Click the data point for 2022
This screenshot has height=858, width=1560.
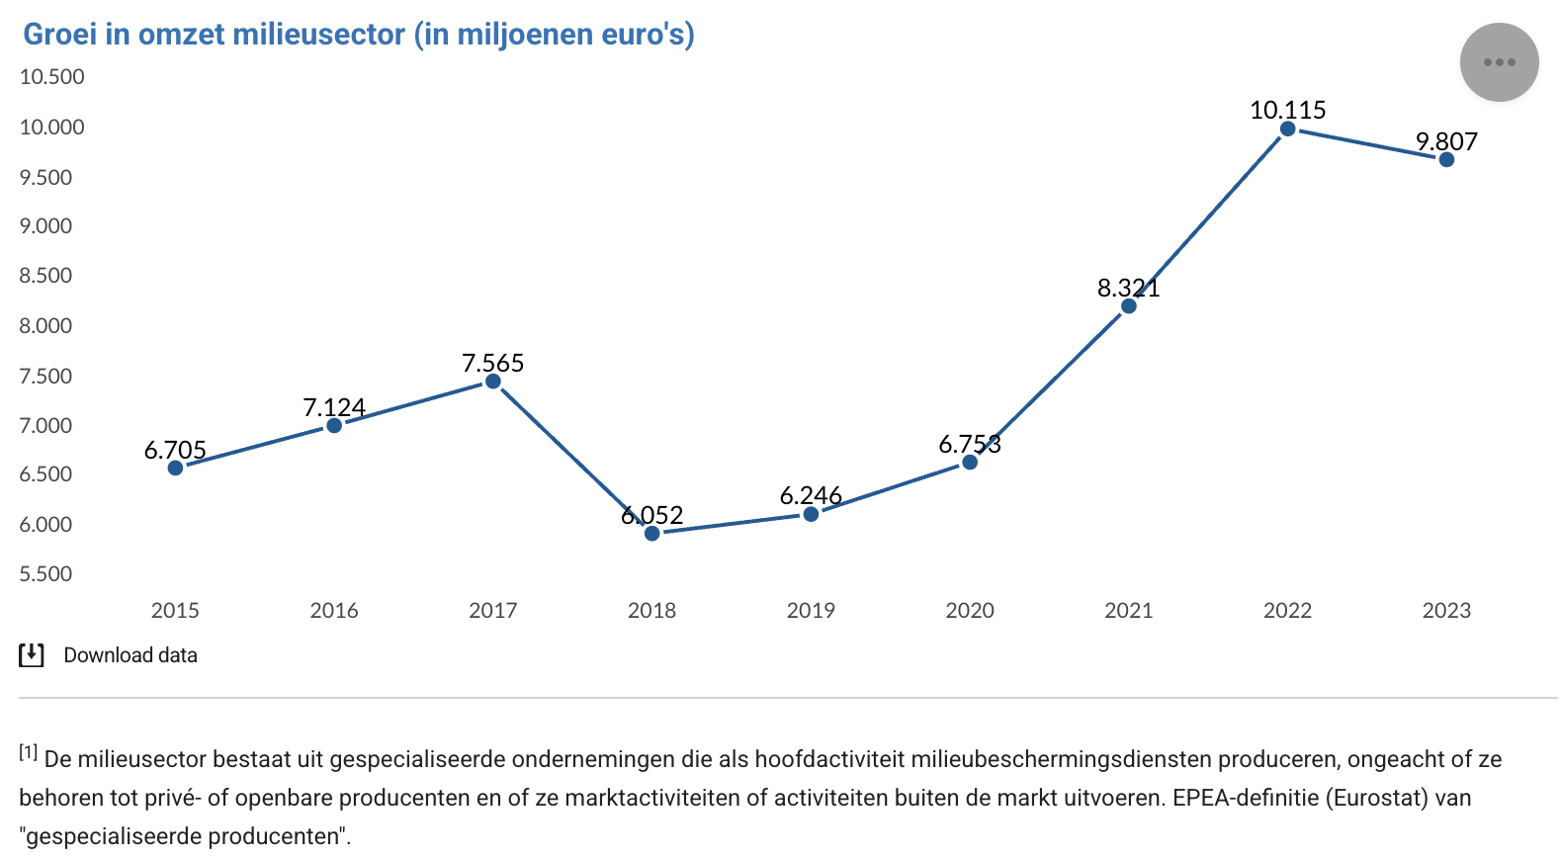point(1287,129)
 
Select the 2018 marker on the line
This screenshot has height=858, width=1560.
point(651,534)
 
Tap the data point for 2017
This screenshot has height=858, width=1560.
point(493,382)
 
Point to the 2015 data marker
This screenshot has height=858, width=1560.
point(175,468)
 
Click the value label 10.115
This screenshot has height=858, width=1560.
point(1287,110)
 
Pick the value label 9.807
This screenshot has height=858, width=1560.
point(1446,141)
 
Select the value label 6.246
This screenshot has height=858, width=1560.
point(811,495)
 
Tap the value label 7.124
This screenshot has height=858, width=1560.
point(334,407)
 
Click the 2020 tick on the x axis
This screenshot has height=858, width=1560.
point(970,611)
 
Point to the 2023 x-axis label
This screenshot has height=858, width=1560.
point(1446,611)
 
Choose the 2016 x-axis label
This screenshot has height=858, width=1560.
point(334,611)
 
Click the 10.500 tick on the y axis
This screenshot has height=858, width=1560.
point(52,77)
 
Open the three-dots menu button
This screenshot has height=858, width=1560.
point(1499,62)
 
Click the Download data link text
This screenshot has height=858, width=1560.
point(130,655)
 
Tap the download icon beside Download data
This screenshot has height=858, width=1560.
point(32,655)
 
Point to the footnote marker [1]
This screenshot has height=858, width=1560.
point(28,753)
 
